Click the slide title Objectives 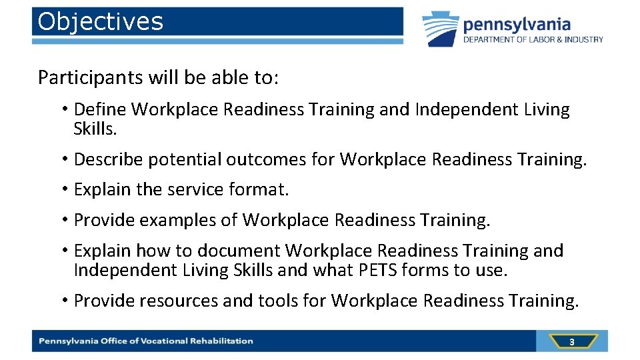(x=101, y=22)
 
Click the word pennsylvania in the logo (x=517, y=25)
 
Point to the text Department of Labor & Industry (x=533, y=40)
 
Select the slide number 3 (x=571, y=342)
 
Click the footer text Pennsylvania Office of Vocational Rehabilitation (x=146, y=341)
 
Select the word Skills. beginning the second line (x=95, y=129)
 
